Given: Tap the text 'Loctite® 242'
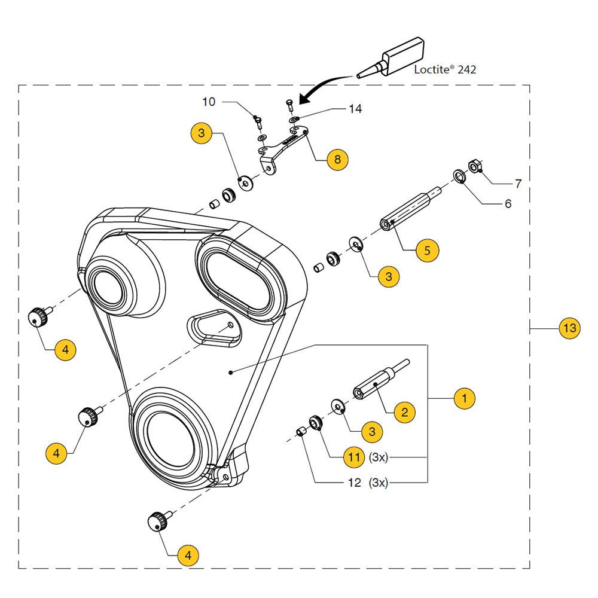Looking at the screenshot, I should pyautogui.click(x=446, y=69).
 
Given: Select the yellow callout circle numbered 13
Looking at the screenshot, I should pyautogui.click(x=569, y=328).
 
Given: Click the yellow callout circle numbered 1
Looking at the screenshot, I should pyautogui.click(x=465, y=398).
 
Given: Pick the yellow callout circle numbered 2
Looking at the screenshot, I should pyautogui.click(x=405, y=411).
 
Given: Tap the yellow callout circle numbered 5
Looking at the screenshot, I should pyautogui.click(x=427, y=249).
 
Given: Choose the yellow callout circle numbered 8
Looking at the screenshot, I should pyautogui.click(x=337, y=159).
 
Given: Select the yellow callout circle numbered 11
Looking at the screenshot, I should pyautogui.click(x=354, y=458).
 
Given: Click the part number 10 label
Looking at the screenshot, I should pyautogui.click(x=208, y=102).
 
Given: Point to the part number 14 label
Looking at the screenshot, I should pyautogui.click(x=355, y=109).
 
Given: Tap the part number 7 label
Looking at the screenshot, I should pyautogui.click(x=518, y=184).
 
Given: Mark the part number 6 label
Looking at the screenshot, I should pyautogui.click(x=508, y=204).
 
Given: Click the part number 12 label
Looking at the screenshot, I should pyautogui.click(x=354, y=483).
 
